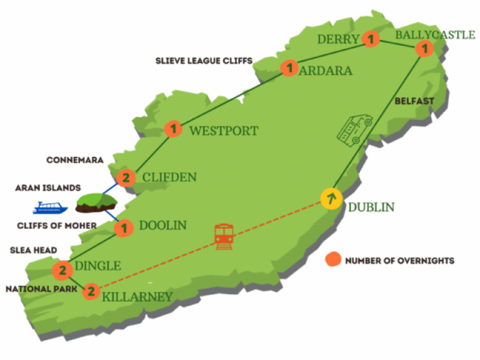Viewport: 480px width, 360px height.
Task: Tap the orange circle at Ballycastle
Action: coord(425,47)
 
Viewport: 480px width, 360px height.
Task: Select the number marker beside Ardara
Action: coord(289,68)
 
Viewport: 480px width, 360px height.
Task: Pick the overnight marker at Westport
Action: coord(173,129)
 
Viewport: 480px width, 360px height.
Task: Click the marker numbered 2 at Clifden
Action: coord(126,178)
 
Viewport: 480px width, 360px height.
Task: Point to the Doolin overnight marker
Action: coord(124,228)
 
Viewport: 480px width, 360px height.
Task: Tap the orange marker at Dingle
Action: coord(62,271)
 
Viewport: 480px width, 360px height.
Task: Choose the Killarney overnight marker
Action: coord(91,291)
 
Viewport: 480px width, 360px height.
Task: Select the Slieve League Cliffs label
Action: coord(204,61)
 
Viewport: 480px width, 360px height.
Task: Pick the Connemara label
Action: coord(75,160)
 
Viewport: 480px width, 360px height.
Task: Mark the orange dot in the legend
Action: coord(335,259)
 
